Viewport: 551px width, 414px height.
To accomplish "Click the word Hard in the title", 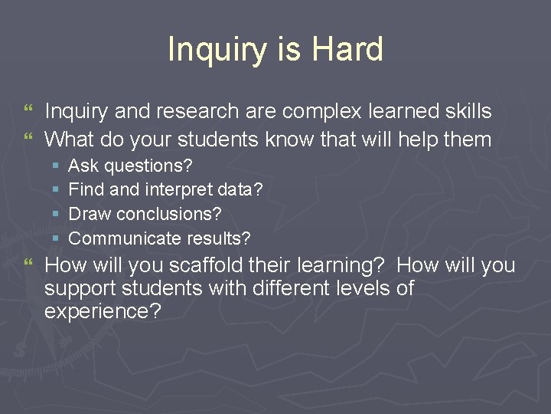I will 348,50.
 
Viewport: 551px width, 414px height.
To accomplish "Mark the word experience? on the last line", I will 103,312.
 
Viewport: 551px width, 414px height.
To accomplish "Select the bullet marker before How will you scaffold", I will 29,264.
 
